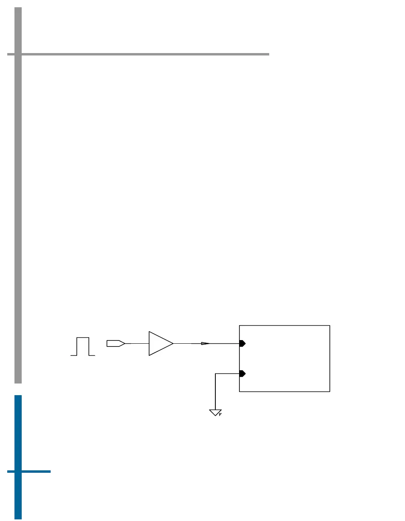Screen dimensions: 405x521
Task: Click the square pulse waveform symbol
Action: click(x=83, y=347)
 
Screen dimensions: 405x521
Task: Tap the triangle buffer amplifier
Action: click(x=160, y=343)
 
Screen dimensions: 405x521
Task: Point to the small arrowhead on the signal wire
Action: click(x=205, y=343)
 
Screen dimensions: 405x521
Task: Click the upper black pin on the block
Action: click(x=242, y=343)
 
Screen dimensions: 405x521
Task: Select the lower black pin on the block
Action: click(x=242, y=373)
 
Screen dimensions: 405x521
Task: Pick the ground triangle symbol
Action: click(x=215, y=412)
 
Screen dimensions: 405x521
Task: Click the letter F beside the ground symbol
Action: click(x=220, y=414)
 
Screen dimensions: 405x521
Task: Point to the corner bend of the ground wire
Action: click(x=216, y=374)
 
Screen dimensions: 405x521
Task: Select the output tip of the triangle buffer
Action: click(x=173, y=343)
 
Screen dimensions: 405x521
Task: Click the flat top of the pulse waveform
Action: click(x=83, y=338)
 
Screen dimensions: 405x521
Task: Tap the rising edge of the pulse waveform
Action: click(x=77, y=347)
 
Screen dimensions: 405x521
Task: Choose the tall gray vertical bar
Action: click(x=18, y=201)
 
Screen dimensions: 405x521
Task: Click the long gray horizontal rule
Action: click(x=145, y=54)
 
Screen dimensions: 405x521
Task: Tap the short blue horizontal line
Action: click(x=36, y=471)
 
